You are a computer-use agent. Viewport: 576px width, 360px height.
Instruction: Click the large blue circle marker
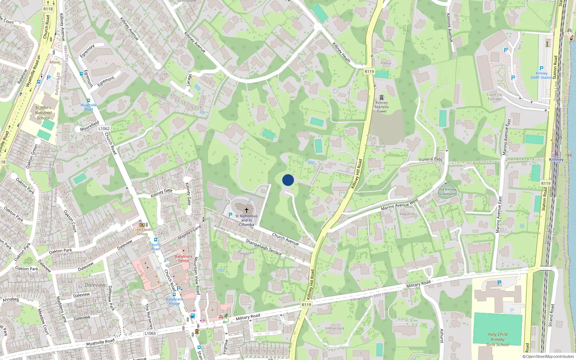coord(288,180)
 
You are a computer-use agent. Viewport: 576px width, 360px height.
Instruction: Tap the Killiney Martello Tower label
coord(382,107)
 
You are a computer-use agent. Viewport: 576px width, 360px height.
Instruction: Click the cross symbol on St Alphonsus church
coord(247,210)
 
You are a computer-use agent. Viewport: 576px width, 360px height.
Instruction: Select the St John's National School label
coord(43,113)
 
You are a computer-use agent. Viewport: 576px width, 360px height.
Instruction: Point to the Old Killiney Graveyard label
coord(447,192)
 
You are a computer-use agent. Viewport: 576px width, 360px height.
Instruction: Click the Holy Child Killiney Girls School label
coord(498,339)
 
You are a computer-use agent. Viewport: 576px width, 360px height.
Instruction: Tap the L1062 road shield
coord(104,129)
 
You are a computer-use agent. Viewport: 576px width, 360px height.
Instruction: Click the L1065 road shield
coord(150,333)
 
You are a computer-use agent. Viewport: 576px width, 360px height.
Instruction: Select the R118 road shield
coord(48,9)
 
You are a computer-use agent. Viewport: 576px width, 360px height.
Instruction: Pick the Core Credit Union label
coord(142,231)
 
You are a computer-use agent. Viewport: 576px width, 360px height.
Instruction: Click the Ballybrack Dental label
coord(184,258)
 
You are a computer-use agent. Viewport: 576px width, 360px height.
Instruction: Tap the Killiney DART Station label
coord(541,75)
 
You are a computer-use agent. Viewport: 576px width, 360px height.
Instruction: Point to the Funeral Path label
coord(431,159)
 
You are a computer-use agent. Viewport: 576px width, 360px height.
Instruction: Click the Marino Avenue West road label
coord(400,204)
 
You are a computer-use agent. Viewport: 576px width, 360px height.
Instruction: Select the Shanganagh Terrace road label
coord(264,247)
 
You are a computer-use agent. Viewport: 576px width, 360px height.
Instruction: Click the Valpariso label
coord(407,214)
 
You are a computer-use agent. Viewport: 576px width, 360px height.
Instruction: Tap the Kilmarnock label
coord(335,328)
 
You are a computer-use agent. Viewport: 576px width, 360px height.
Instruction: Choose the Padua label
coord(386,63)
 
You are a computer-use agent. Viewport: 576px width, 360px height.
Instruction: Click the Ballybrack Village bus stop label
coord(174,301)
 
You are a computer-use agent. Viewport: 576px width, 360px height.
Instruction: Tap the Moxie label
coord(55,62)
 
